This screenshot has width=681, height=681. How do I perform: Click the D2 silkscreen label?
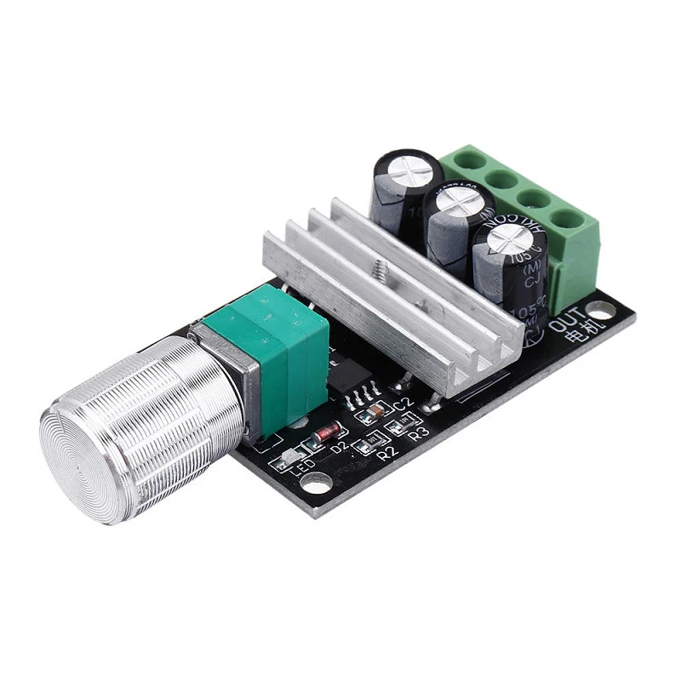[340, 446]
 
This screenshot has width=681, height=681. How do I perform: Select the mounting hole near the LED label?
[318, 489]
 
